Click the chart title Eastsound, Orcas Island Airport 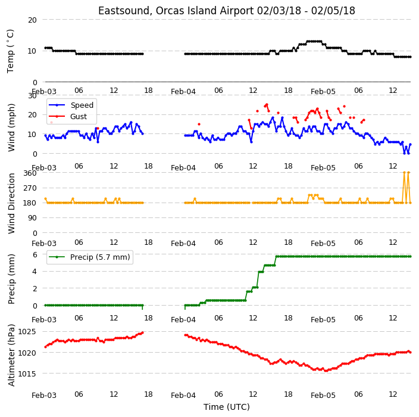point(176,11)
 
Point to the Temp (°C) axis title point(10,51)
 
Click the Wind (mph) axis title point(11,127)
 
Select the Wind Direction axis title point(11,203)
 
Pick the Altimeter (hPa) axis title point(11,355)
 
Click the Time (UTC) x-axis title point(227,407)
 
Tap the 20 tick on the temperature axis point(32,20)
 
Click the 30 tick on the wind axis point(32,95)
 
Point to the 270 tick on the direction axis point(30,188)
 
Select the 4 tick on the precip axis point(35,272)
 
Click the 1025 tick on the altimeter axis point(27,332)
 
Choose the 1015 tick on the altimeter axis point(27,374)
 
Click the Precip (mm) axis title point(11,279)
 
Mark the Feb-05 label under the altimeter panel point(323,396)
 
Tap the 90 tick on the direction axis point(32,218)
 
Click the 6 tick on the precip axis point(35,254)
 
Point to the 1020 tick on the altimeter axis point(27,353)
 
